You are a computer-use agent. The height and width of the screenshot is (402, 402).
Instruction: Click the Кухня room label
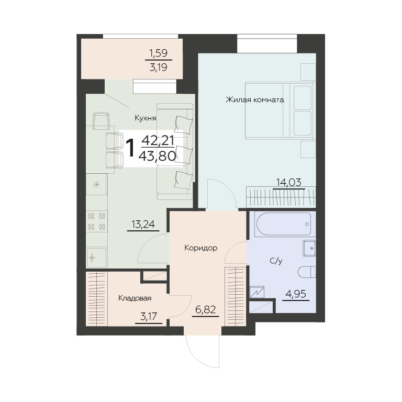(x=146, y=118)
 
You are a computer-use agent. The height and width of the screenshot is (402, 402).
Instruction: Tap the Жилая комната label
(x=254, y=99)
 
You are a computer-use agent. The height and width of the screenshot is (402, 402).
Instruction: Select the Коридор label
(x=201, y=248)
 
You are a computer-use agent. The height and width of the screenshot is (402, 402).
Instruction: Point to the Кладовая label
(x=135, y=298)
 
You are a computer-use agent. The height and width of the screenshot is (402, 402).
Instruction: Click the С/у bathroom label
(x=276, y=261)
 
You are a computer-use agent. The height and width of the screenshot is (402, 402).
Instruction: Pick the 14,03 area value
(x=289, y=182)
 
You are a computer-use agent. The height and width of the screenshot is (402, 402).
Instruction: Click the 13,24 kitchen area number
(x=143, y=225)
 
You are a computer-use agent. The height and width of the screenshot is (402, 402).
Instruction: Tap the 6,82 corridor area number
(x=205, y=310)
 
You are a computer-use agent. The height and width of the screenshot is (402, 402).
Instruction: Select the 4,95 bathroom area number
(x=296, y=294)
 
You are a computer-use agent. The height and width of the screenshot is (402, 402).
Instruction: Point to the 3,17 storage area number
(x=149, y=317)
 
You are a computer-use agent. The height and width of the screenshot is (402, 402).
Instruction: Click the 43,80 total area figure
(x=157, y=155)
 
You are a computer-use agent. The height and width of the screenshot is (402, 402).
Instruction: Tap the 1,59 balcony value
(x=159, y=53)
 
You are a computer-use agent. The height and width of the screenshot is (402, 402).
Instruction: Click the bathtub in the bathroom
(x=285, y=224)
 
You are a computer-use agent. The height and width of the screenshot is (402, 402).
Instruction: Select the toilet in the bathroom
(x=307, y=272)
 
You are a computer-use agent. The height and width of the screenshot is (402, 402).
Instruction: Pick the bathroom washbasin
(x=309, y=248)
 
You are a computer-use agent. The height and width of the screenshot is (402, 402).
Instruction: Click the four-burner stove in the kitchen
(x=97, y=221)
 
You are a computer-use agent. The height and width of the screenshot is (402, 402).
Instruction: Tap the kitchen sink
(x=96, y=257)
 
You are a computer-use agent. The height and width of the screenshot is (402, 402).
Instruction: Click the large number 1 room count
(x=131, y=148)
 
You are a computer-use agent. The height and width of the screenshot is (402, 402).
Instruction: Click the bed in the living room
(x=280, y=110)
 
